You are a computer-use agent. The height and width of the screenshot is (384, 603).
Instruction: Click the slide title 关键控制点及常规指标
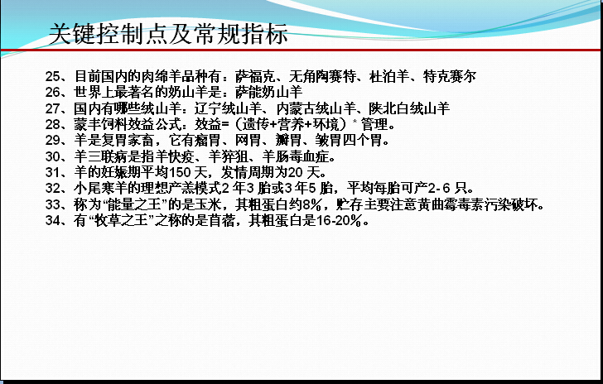pos(168,34)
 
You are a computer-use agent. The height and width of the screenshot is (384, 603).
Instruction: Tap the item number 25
pos(53,76)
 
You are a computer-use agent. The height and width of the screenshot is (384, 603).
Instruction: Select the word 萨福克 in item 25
pos(255,76)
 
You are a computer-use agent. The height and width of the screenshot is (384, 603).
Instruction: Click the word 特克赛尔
pos(450,76)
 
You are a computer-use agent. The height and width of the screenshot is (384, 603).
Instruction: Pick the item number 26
pos(53,92)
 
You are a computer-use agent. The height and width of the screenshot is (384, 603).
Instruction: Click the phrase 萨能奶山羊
pos(269,92)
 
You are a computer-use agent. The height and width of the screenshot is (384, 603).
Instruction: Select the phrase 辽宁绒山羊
pos(228,108)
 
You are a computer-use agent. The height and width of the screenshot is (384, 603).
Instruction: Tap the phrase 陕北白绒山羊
pos(409,108)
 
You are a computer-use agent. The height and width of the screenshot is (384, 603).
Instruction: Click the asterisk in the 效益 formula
pos(355,122)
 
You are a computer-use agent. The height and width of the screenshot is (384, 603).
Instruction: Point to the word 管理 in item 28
pos(374,124)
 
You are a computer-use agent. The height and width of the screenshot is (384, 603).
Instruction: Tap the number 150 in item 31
pos(180,173)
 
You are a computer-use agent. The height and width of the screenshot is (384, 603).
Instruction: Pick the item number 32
pos(53,189)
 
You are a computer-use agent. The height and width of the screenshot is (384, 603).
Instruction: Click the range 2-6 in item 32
pos(439,189)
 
